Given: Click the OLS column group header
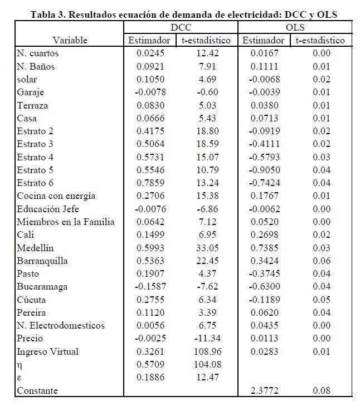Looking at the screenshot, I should [294, 27].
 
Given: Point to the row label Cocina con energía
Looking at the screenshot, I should [56, 195].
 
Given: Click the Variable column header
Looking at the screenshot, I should [70, 40].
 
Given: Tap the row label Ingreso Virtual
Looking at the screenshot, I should [48, 351].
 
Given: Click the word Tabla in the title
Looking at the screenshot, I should [43, 14].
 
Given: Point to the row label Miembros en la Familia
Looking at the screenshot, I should [66, 222].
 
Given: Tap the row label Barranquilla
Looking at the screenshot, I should [42, 261].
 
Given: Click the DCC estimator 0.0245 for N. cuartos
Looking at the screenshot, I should [149, 53].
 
